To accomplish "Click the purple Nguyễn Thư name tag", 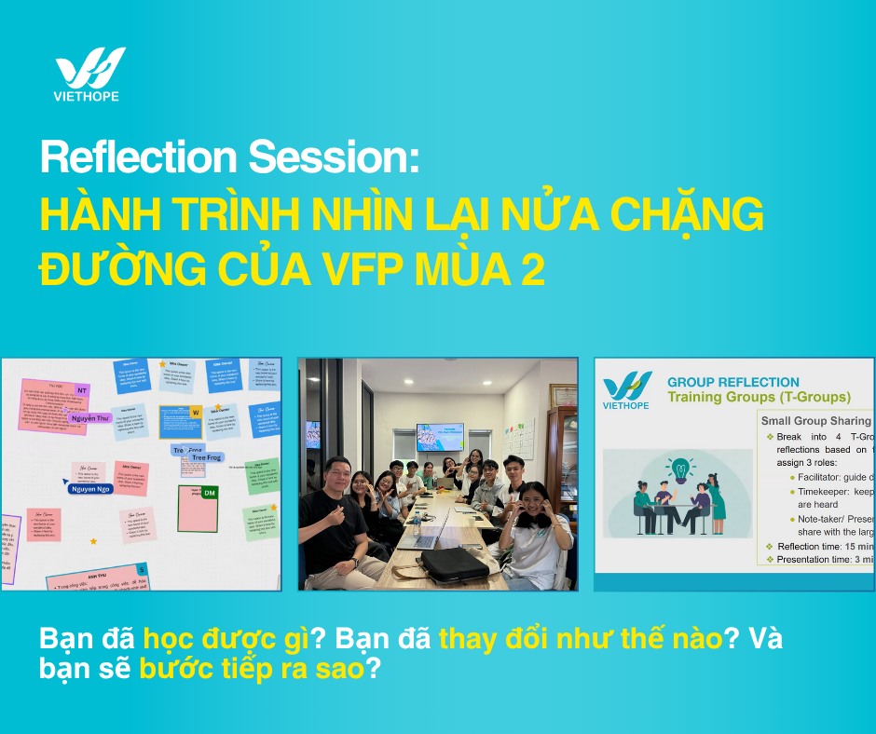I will click(90, 418).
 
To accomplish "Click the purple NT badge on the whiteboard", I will click(82, 390).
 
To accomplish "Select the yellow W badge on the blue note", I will click(195, 411).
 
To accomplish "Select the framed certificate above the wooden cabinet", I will click(563, 394).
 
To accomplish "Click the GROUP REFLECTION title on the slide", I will click(732, 382).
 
